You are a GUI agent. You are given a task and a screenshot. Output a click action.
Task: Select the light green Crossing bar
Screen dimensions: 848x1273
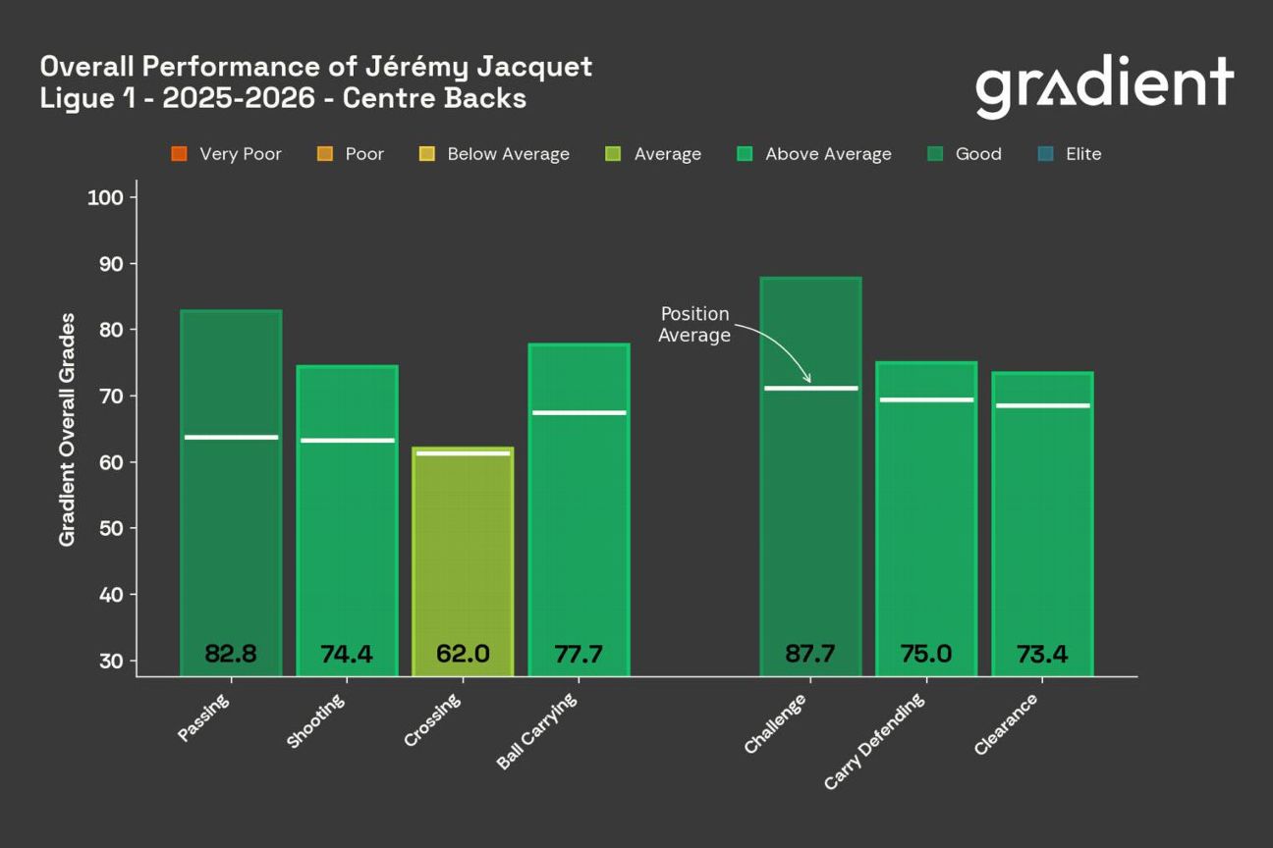coord(463,559)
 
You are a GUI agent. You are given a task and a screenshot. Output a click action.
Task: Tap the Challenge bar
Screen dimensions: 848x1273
coord(810,510)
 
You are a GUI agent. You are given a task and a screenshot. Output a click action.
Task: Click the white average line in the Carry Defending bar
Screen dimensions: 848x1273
coord(926,399)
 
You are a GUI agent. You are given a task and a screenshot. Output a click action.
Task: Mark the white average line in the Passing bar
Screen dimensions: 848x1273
coord(231,437)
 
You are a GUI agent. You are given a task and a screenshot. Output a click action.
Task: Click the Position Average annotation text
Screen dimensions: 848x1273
coord(694,325)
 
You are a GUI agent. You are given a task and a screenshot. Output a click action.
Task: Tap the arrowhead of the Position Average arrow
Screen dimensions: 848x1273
coord(807,379)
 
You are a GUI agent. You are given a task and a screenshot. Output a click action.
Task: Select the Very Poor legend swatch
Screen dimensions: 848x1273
coord(179,154)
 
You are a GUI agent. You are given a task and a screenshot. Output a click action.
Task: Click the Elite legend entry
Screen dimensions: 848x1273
coord(1071,154)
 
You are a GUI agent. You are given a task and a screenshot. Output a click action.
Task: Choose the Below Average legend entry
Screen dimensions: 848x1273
coord(495,154)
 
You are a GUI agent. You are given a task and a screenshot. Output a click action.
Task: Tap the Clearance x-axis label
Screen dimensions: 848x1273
coord(1007,724)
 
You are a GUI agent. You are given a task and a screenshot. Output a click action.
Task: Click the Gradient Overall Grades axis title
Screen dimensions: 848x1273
coord(67,430)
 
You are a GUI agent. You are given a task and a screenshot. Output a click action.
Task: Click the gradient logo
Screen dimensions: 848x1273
coord(1104,86)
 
